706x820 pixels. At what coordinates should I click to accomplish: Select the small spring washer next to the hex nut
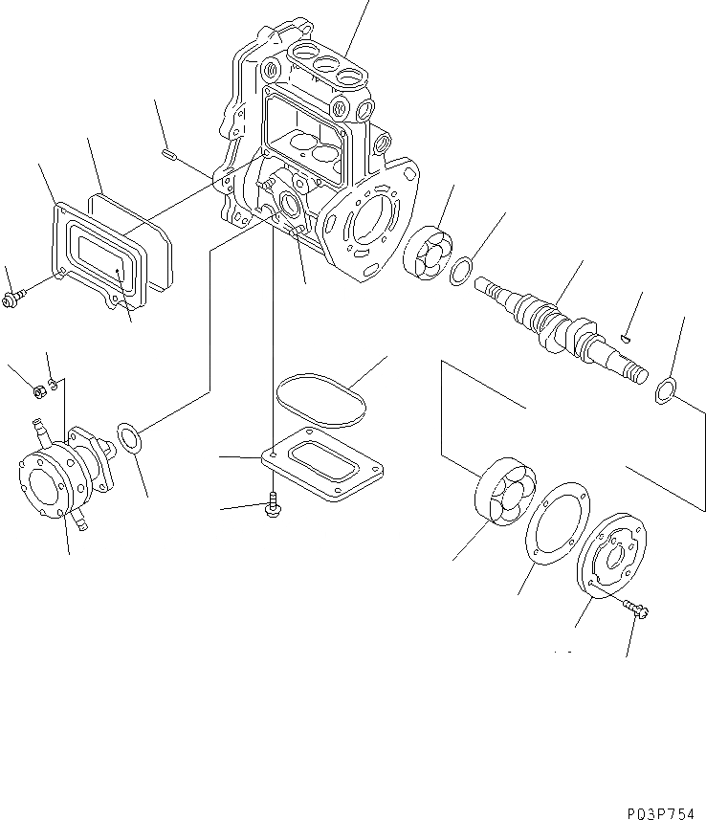tap(55, 385)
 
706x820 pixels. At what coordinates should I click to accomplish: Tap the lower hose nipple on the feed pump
tap(80, 522)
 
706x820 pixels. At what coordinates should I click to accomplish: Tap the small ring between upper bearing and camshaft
tap(460, 271)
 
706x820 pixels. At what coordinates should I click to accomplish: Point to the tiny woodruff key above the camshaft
tap(623, 336)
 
